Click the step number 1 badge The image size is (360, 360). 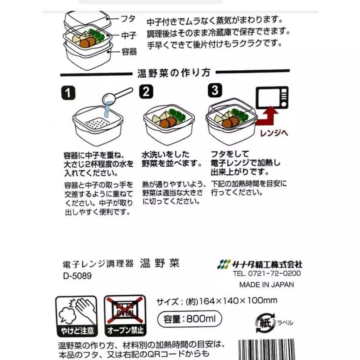[x=67, y=92]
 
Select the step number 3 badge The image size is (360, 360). [x=214, y=91]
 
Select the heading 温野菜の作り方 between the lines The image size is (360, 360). [x=174, y=73]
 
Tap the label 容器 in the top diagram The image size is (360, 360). [x=128, y=52]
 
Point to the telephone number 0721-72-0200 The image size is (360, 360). [x=267, y=274]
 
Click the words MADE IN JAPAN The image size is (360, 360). [x=266, y=285]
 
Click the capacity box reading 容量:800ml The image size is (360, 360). [x=190, y=319]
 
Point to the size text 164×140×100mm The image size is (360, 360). [x=238, y=301]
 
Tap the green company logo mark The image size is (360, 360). [x=224, y=264]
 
